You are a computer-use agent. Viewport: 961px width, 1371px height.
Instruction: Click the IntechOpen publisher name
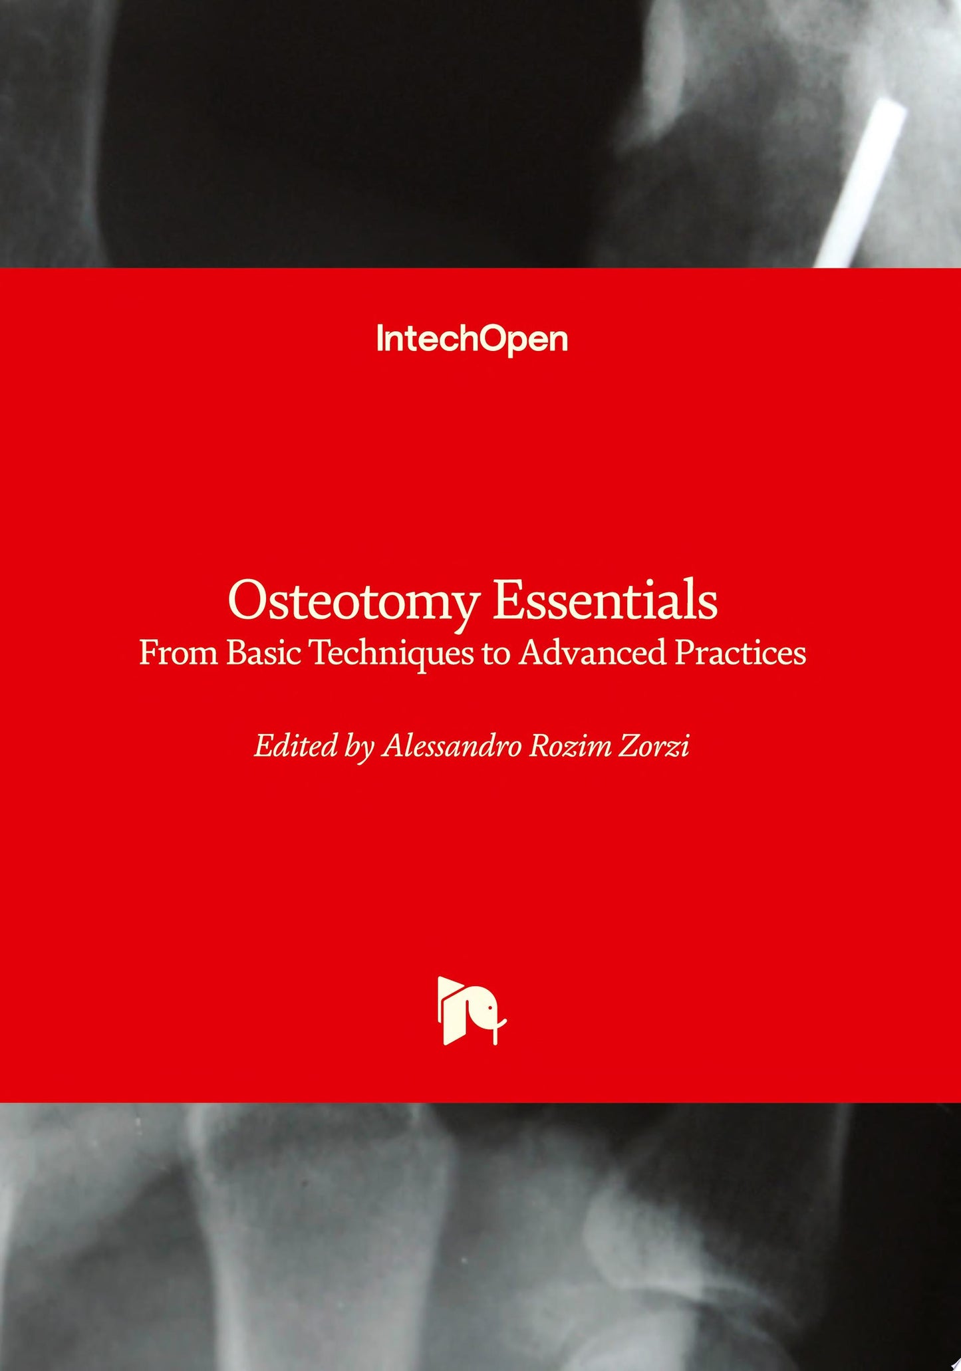click(472, 339)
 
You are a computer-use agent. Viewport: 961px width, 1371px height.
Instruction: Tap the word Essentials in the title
click(605, 600)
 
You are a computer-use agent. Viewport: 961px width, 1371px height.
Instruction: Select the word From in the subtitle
click(178, 653)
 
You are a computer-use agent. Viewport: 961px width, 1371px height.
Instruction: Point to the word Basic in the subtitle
click(263, 653)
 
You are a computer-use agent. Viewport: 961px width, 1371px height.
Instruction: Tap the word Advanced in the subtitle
click(593, 653)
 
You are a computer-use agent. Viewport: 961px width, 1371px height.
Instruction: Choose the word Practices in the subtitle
click(740, 653)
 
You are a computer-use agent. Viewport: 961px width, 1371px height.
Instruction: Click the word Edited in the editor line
click(296, 745)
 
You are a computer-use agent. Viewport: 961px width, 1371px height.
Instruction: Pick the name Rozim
click(570, 745)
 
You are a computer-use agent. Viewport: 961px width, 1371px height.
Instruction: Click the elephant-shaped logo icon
click(472, 1011)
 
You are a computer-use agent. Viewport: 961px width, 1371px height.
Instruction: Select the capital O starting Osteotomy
click(249, 600)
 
